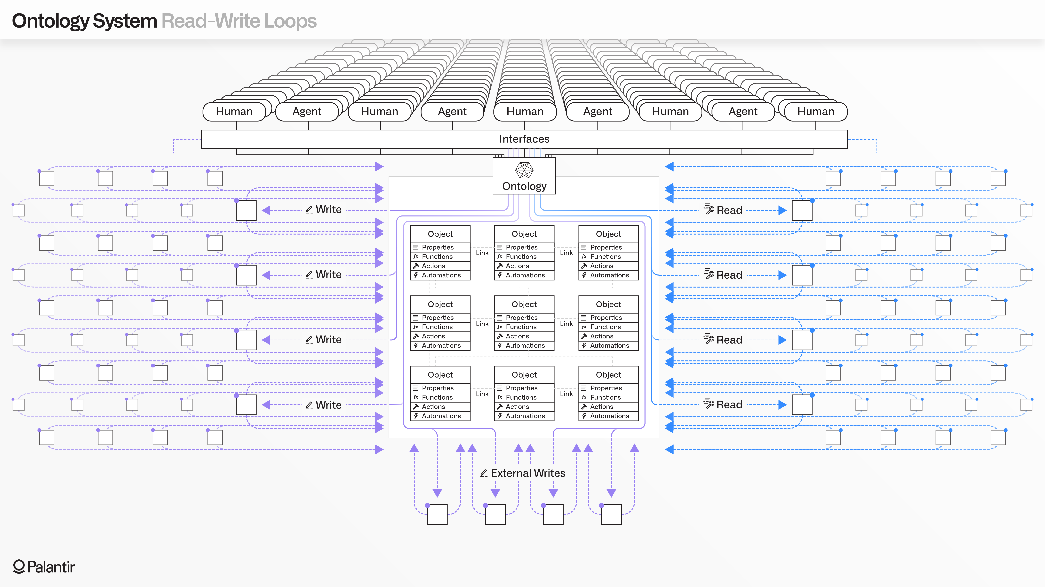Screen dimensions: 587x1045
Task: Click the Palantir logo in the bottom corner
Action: (x=44, y=567)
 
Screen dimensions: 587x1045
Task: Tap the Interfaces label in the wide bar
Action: (x=524, y=139)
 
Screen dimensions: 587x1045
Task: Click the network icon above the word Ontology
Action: (x=524, y=170)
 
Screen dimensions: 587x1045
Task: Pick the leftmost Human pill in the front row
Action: (x=234, y=112)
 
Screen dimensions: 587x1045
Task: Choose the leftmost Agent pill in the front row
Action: (x=307, y=112)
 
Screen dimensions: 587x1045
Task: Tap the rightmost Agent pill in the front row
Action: (x=743, y=112)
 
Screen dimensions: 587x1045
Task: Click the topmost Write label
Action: (x=328, y=210)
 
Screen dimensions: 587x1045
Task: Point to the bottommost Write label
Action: (x=328, y=405)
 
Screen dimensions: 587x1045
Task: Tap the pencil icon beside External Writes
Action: (x=484, y=473)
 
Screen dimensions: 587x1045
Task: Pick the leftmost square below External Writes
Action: (x=437, y=514)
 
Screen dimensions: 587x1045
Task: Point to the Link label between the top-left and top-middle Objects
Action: (x=482, y=253)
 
